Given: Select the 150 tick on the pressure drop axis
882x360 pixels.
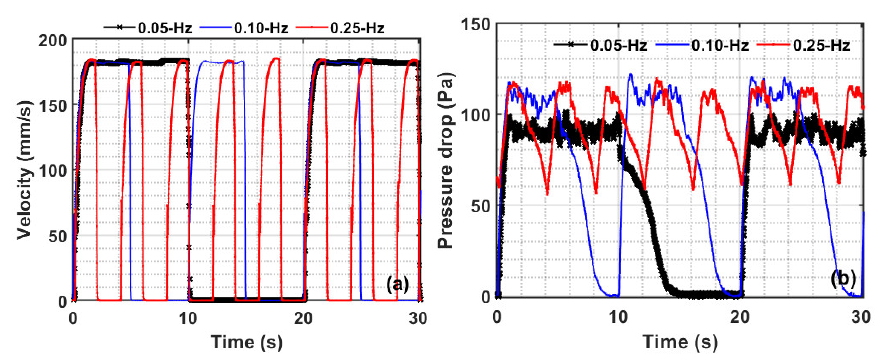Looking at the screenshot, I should (476, 25).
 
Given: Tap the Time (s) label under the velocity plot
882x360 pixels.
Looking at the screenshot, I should (247, 342).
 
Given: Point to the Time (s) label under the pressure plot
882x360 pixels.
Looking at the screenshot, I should (680, 342).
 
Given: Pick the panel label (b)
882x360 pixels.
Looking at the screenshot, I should (843, 278).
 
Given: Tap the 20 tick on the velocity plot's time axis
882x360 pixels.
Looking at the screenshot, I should (303, 319).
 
